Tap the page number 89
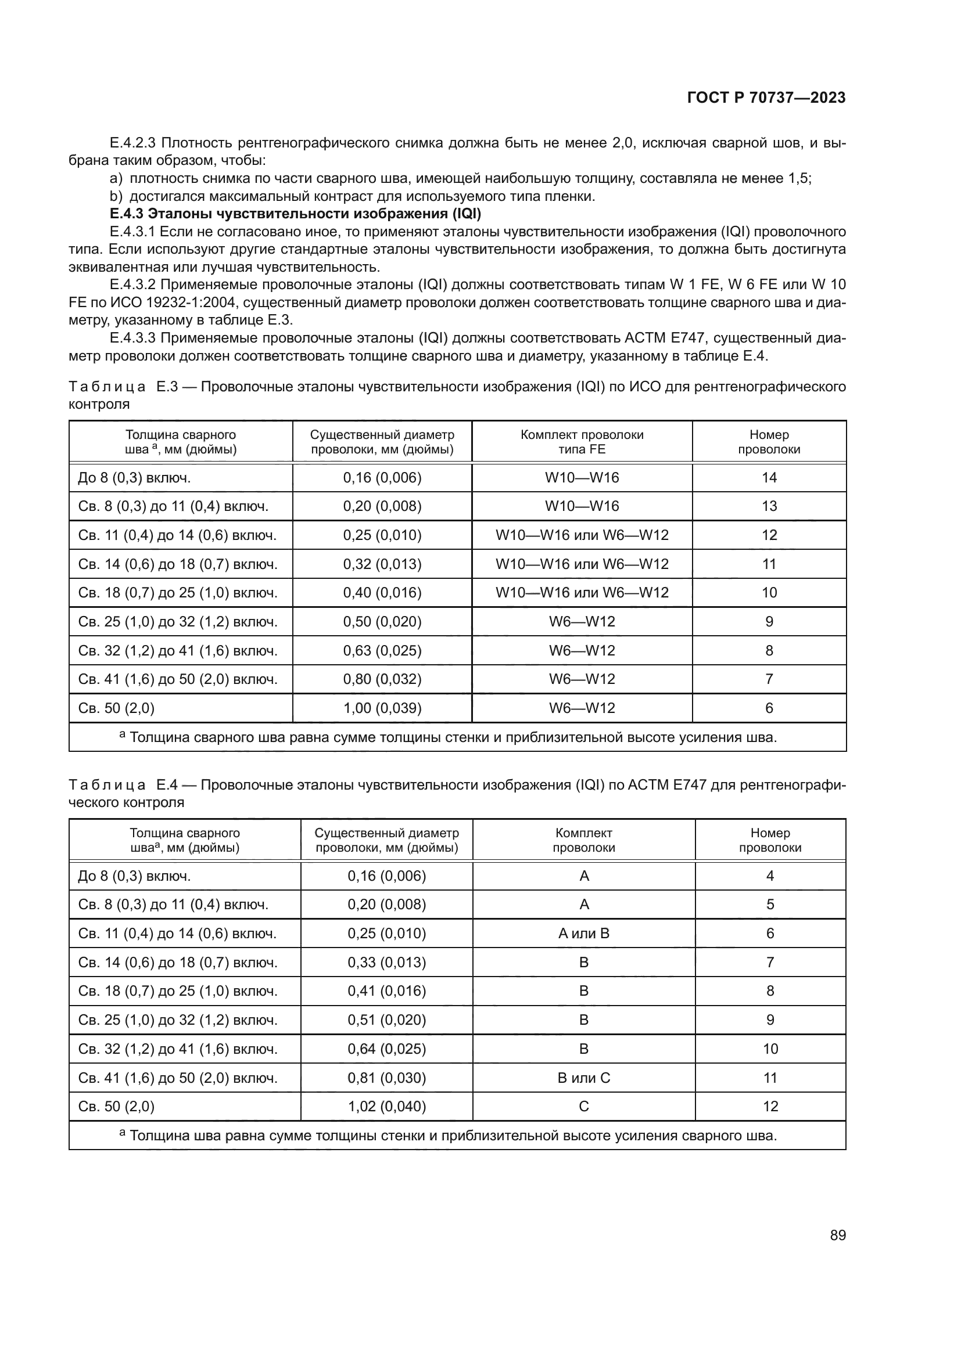click(837, 1235)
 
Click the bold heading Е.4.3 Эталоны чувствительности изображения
click(295, 214)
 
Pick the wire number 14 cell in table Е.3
click(769, 477)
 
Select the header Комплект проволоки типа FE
click(582, 442)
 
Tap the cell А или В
click(583, 934)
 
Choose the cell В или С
click(583, 1078)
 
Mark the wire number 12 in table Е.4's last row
click(770, 1106)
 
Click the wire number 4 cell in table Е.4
click(770, 876)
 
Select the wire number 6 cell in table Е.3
click(769, 708)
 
